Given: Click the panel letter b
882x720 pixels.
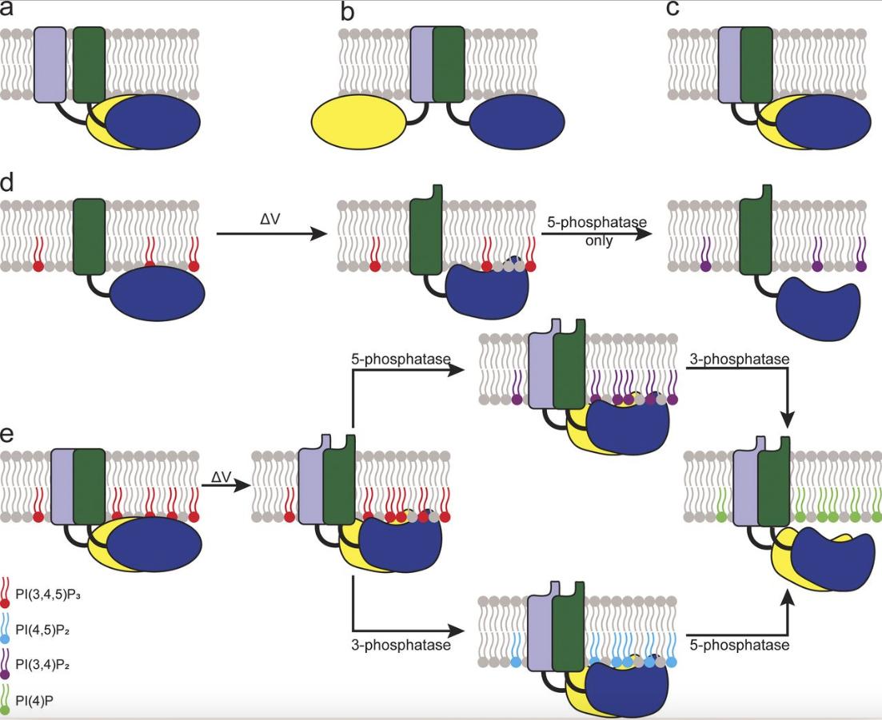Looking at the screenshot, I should click(346, 11).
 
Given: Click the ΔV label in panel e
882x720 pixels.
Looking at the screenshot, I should click(221, 477).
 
